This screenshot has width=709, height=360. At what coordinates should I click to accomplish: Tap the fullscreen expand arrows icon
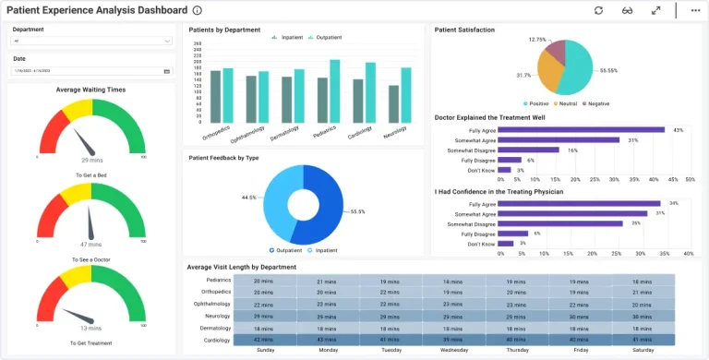click(x=655, y=10)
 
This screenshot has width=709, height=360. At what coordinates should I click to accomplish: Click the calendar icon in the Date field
click(x=167, y=71)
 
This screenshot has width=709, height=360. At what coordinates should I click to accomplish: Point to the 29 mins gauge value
click(x=90, y=160)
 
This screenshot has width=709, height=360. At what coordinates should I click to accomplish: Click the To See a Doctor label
click(x=90, y=259)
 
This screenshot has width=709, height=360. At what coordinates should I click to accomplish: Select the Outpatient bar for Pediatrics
click(x=335, y=90)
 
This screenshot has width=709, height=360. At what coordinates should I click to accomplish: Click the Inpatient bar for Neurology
click(x=394, y=103)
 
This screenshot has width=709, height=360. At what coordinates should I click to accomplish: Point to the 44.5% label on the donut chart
click(x=248, y=198)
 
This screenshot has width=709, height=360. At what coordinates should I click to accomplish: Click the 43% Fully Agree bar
click(x=582, y=130)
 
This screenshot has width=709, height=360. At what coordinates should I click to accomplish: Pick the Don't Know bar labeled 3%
click(x=504, y=170)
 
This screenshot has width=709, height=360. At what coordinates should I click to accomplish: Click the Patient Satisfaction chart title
click(x=464, y=30)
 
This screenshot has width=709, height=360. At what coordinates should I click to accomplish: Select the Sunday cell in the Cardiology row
click(x=263, y=340)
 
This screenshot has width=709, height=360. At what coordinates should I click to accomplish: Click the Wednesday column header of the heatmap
click(x=452, y=351)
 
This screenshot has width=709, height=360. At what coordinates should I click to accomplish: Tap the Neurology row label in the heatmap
click(x=218, y=316)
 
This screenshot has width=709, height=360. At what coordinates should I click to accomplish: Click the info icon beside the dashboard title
click(x=198, y=10)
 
